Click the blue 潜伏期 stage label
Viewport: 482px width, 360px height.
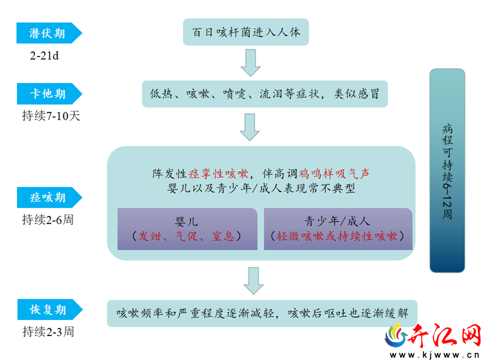(49, 33)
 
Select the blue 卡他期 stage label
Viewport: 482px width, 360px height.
(49, 94)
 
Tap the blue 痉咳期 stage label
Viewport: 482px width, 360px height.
(49, 198)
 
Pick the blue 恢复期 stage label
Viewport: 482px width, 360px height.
(50, 309)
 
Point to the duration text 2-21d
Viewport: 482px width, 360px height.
(44, 55)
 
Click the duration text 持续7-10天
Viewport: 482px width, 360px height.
(51, 116)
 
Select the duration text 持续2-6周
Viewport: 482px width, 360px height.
(48, 220)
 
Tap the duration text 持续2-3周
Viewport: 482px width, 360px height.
(48, 332)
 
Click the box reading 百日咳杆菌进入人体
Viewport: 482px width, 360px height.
(246, 32)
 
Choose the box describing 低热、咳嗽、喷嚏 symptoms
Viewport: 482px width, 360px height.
(265, 94)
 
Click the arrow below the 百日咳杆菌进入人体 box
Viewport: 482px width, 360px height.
(251, 63)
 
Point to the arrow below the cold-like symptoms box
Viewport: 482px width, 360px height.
(250, 127)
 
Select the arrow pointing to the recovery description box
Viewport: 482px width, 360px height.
(254, 280)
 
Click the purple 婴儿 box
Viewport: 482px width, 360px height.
(187, 229)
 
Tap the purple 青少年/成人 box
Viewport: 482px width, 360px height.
(338, 229)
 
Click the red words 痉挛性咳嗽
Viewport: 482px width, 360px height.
(218, 174)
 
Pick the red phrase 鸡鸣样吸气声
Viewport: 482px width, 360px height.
(334, 174)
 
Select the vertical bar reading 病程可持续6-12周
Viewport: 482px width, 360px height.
(447, 171)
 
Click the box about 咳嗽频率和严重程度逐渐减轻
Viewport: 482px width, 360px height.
(262, 313)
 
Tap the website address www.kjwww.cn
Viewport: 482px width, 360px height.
(434, 355)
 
